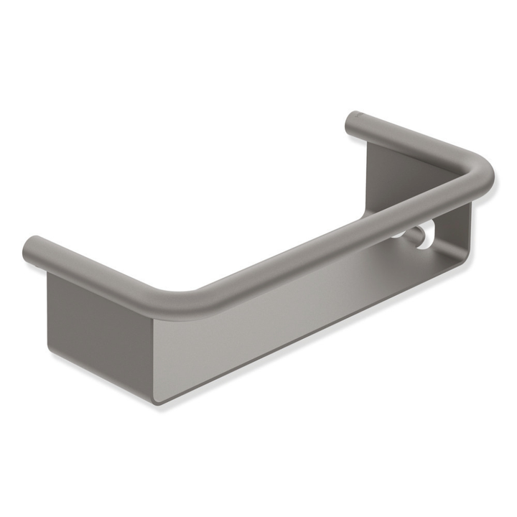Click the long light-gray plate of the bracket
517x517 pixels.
302,316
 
